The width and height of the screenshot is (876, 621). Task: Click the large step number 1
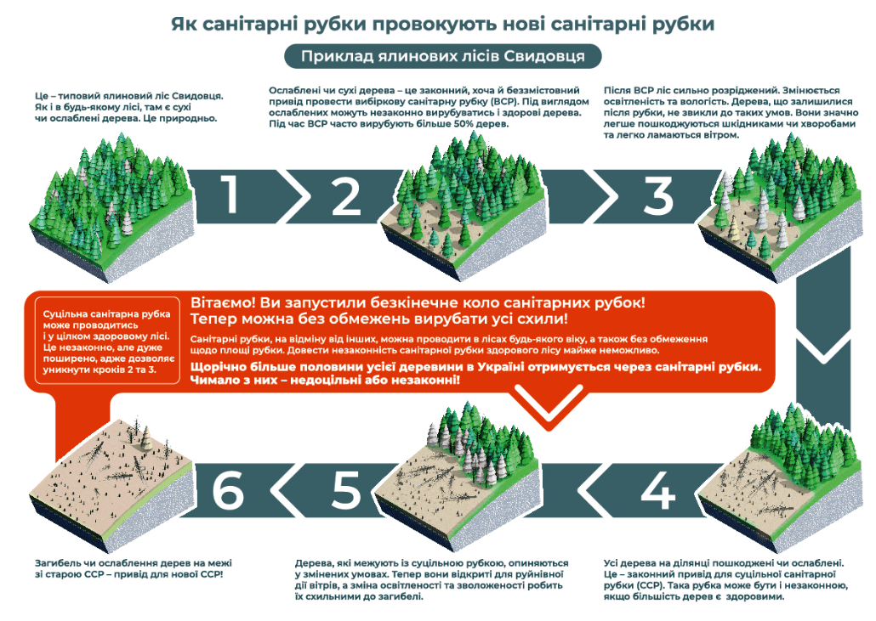230,195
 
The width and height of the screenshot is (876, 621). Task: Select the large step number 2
346,196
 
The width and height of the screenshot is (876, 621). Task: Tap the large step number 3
658,196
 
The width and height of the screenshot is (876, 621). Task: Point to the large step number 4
658,490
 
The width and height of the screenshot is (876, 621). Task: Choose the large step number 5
346,490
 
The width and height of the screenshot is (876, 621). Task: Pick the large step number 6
228,490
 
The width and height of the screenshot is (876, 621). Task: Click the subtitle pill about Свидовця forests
442,56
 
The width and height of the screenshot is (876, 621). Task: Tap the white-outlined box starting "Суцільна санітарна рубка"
107,341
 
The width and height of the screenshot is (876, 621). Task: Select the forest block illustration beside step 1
111,208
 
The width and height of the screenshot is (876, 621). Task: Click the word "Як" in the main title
184,24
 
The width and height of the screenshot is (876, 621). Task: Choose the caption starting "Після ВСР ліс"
731,113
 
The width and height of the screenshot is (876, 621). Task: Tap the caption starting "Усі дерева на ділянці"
725,579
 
